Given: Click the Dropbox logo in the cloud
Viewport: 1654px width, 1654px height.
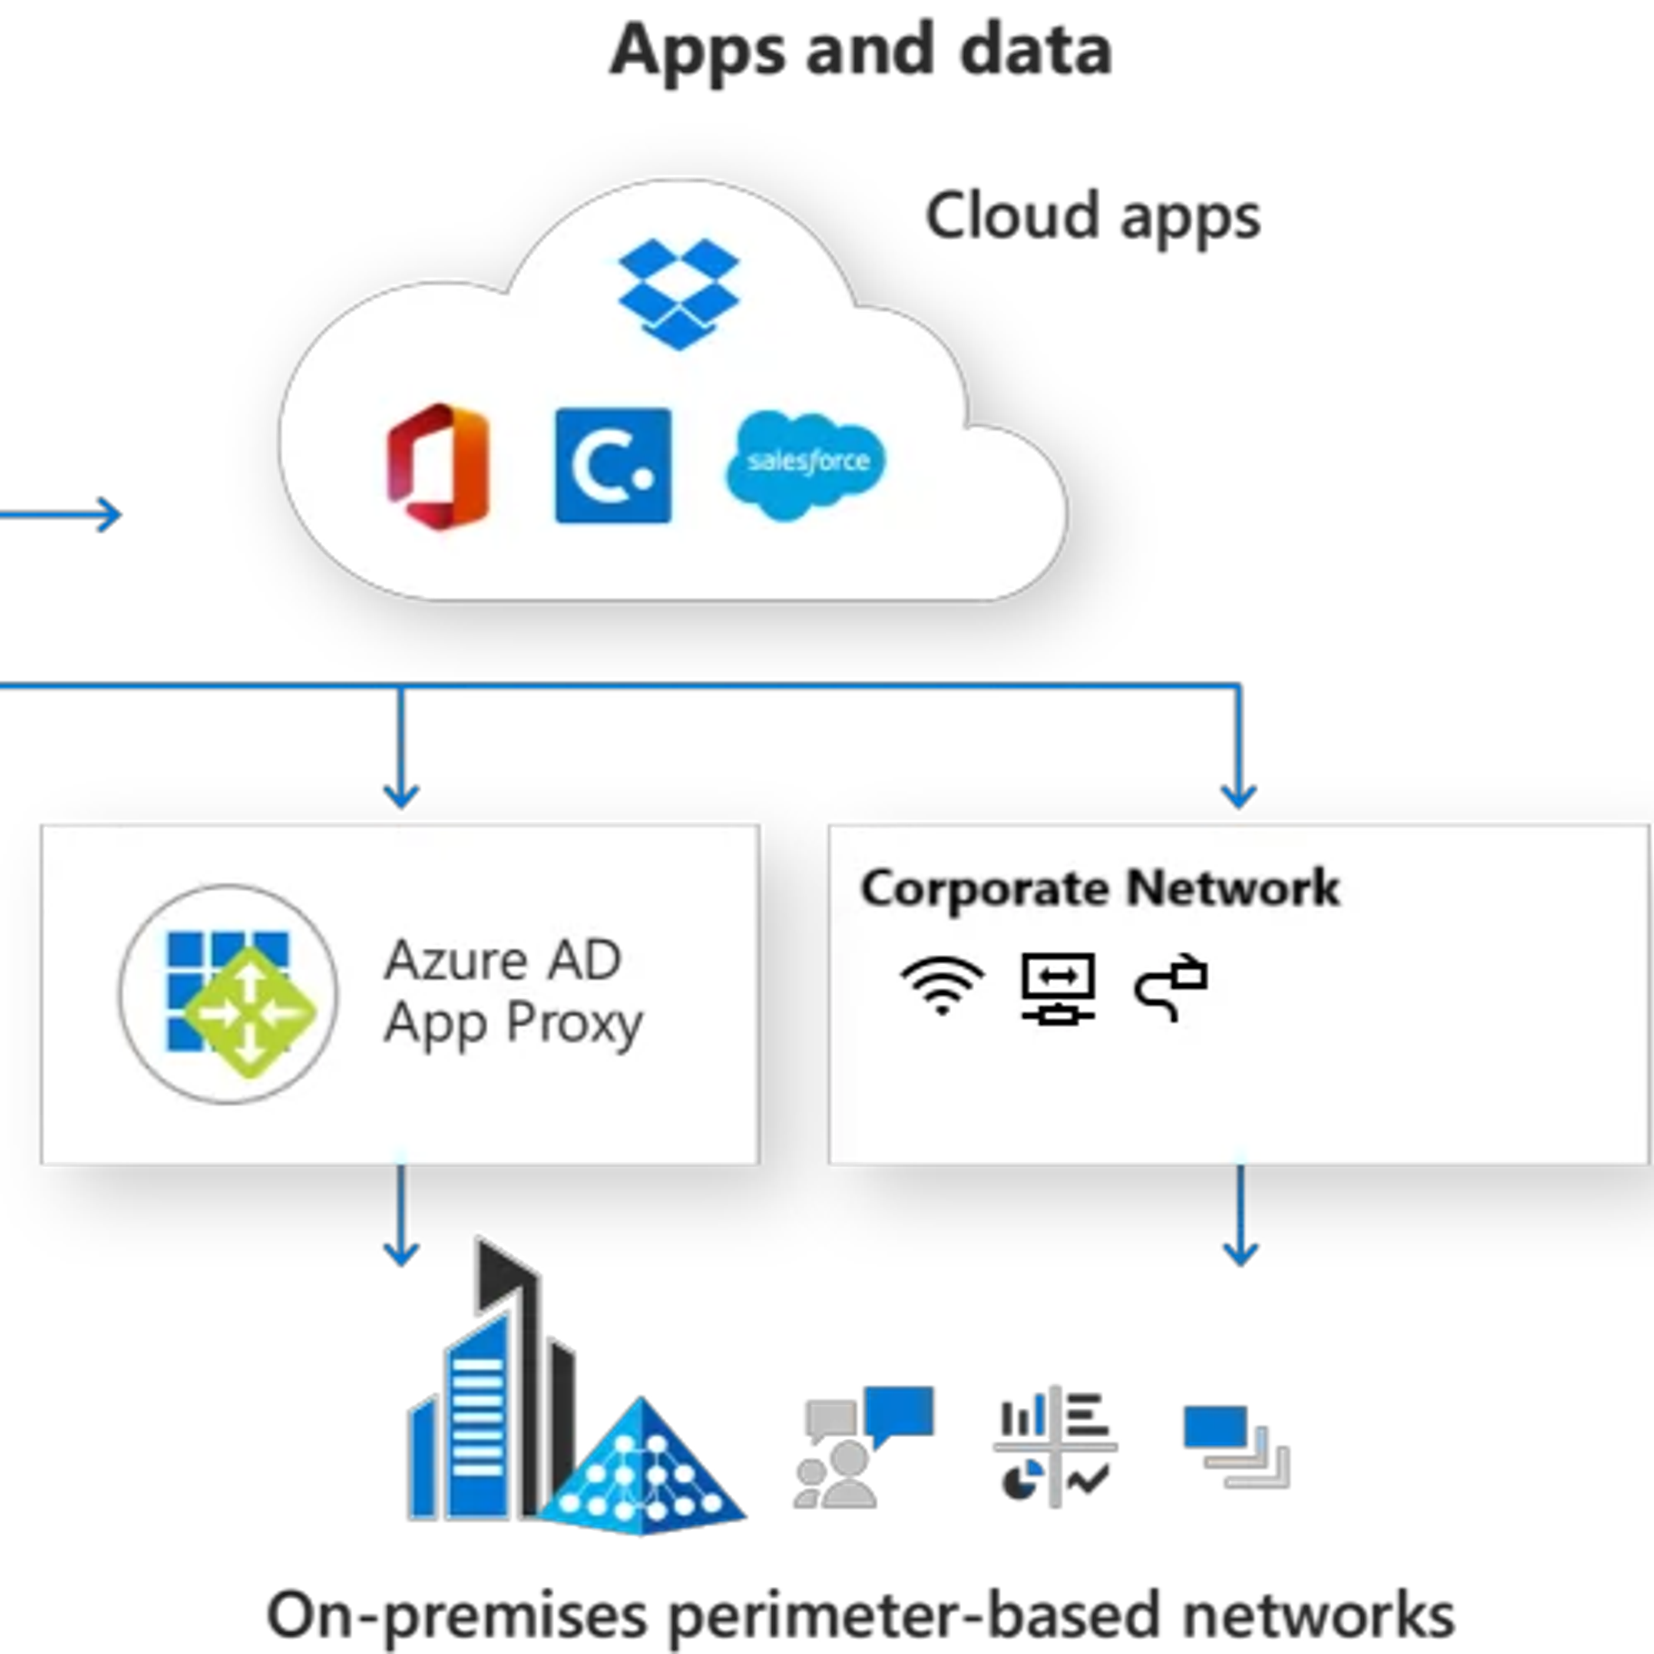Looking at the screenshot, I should (678, 294).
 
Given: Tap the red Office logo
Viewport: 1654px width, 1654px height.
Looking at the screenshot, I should (438, 466).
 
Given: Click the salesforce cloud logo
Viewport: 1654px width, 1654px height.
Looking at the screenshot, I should (806, 465).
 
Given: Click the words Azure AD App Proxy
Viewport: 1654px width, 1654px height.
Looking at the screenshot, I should (512, 992).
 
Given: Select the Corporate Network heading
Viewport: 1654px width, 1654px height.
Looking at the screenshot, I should (1099, 888).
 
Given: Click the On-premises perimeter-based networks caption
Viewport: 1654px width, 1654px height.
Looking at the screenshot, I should (861, 1615).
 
